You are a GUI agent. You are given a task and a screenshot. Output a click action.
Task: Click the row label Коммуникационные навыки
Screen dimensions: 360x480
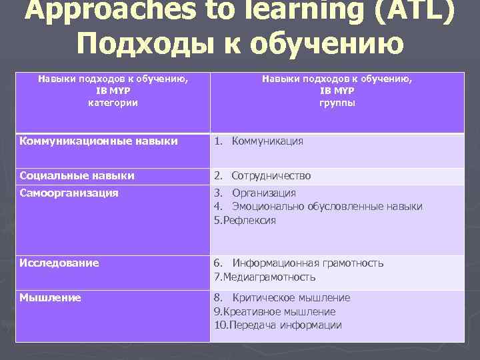click(x=99, y=141)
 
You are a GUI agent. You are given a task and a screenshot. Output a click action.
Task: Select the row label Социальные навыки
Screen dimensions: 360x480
click(x=77, y=176)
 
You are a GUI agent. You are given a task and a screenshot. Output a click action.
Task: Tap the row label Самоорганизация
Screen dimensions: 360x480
click(x=69, y=193)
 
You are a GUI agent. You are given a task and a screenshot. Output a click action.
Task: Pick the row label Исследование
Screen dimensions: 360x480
click(x=59, y=263)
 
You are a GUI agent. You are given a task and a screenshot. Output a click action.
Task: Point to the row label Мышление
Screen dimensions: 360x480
click(x=51, y=297)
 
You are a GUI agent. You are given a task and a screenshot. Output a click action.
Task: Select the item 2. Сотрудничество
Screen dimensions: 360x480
click(x=263, y=176)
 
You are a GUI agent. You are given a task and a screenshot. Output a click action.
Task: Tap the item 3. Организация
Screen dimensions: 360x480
click(x=255, y=193)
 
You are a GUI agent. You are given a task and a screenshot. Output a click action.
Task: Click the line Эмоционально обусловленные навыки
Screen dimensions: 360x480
click(x=327, y=207)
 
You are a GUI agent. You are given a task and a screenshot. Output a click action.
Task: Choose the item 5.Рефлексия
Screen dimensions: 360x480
click(x=245, y=221)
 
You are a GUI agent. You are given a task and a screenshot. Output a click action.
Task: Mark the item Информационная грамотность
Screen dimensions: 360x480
click(x=308, y=263)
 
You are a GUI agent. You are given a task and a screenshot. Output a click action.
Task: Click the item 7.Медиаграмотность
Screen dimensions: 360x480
click(x=265, y=277)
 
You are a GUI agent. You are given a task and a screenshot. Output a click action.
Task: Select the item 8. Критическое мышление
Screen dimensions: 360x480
click(x=282, y=297)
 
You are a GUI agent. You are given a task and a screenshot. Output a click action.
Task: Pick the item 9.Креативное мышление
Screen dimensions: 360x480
click(x=275, y=311)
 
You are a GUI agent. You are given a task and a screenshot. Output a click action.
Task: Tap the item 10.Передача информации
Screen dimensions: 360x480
click(x=278, y=325)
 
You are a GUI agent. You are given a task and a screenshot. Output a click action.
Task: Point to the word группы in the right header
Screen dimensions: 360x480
click(x=337, y=103)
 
